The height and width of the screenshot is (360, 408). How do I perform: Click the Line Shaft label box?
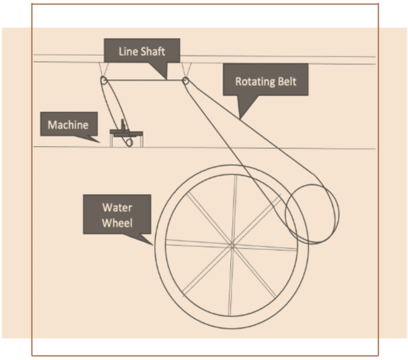[x=141, y=51]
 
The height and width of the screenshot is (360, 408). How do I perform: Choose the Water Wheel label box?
[x=117, y=214]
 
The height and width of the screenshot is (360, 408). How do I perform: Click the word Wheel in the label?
[x=117, y=222]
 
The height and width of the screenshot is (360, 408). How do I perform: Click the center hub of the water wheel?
[x=232, y=245]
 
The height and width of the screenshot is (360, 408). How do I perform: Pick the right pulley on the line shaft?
[x=186, y=80]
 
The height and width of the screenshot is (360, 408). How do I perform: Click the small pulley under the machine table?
[x=129, y=142]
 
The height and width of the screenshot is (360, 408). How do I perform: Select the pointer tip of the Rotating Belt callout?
[x=240, y=118]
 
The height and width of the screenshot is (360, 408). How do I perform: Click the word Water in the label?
[x=117, y=207]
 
